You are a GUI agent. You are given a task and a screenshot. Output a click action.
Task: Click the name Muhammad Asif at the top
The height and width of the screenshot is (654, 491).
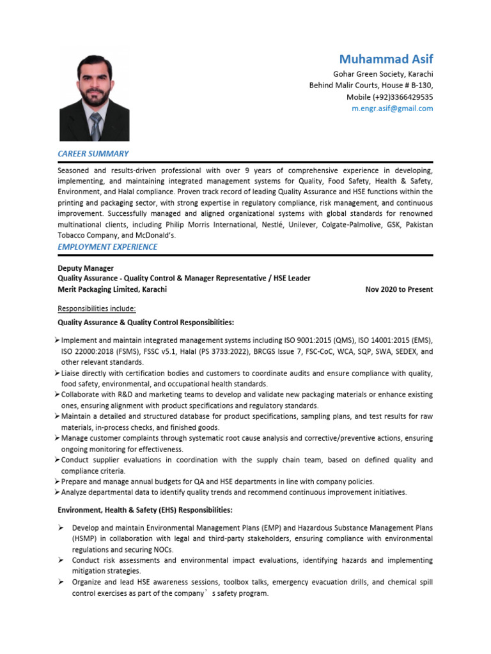click(x=386, y=59)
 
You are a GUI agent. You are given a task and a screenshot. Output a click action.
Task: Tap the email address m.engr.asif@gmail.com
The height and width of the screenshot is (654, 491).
click(x=393, y=109)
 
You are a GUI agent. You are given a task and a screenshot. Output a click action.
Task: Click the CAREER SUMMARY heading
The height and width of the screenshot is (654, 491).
click(x=93, y=153)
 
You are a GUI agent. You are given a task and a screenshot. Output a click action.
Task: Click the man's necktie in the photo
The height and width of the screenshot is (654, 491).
click(x=95, y=126)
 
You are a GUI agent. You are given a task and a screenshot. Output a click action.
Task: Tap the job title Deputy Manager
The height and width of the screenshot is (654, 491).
click(x=86, y=268)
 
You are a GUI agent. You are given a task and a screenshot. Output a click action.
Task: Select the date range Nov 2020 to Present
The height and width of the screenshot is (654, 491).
click(x=399, y=289)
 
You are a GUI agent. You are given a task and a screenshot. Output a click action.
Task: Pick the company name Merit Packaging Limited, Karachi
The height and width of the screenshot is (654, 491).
click(x=112, y=289)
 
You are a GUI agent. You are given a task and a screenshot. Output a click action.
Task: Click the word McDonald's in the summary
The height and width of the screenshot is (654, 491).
click(x=154, y=235)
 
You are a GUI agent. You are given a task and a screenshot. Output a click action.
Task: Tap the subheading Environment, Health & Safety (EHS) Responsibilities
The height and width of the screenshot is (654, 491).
click(x=144, y=510)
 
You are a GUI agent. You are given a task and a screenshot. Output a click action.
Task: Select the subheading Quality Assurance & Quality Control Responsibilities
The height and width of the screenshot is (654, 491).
click(x=146, y=322)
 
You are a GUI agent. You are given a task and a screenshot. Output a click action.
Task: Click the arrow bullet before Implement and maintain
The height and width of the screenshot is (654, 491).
click(x=58, y=340)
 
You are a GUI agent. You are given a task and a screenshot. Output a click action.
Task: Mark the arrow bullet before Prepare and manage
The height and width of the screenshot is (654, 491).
click(x=58, y=482)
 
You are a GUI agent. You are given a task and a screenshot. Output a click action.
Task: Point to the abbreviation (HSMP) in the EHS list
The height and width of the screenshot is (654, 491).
click(x=84, y=539)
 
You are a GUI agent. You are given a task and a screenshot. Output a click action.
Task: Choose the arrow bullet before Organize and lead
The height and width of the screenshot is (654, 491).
click(x=59, y=582)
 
